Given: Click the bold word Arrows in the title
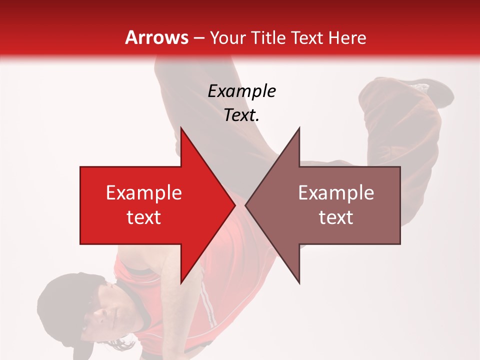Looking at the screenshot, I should (x=157, y=37).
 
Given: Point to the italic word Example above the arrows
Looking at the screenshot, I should (x=241, y=91).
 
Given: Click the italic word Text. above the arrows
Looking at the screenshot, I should (x=241, y=115).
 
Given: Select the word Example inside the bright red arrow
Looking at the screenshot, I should (x=144, y=192).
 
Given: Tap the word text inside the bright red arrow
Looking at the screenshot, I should (x=144, y=217).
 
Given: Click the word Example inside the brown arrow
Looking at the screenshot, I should (x=336, y=192).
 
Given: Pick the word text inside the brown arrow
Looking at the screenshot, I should (x=336, y=217).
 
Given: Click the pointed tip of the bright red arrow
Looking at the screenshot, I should (x=234, y=205).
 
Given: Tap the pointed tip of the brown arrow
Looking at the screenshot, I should (x=246, y=205).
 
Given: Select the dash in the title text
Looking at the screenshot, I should (x=198, y=38).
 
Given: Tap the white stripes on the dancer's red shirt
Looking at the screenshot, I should (x=207, y=305).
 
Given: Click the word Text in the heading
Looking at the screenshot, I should (x=305, y=37).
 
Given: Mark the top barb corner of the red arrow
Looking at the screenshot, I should (x=181, y=128).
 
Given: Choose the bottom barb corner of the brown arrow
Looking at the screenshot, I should (x=299, y=283).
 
